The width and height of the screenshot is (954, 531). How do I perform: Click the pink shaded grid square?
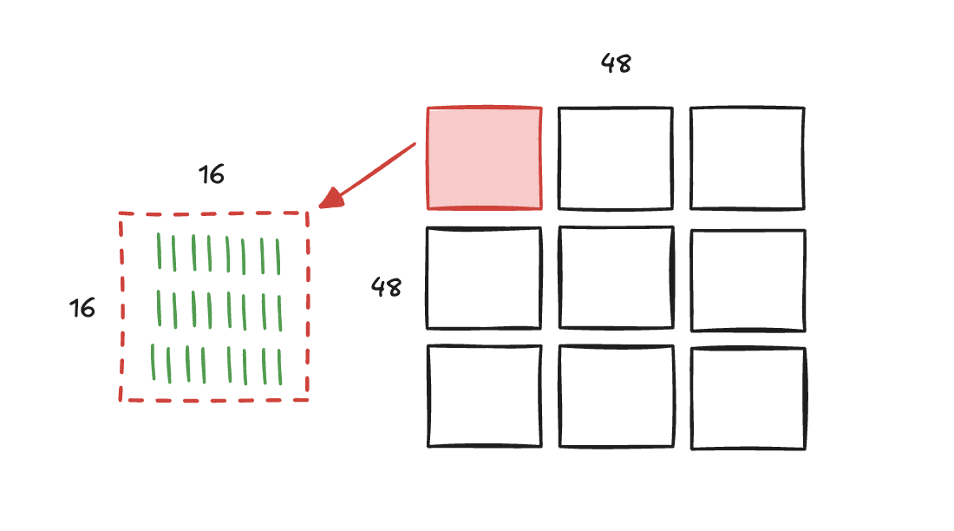[484, 158]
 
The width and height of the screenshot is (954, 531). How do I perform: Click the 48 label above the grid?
[616, 63]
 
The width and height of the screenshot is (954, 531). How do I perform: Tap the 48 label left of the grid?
[386, 287]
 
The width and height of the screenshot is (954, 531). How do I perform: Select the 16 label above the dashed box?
[211, 174]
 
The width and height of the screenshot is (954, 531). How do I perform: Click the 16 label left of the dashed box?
[82, 308]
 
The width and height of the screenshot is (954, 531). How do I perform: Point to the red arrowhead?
[331, 198]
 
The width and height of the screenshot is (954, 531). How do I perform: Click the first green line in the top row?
[160, 251]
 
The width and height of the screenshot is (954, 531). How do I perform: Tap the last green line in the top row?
[278, 257]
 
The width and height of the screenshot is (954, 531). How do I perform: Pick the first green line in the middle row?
[160, 308]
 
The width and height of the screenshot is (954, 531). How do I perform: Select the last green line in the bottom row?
[279, 367]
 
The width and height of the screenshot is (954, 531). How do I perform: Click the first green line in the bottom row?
[154, 363]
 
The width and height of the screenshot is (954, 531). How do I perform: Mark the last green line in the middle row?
[280, 313]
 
